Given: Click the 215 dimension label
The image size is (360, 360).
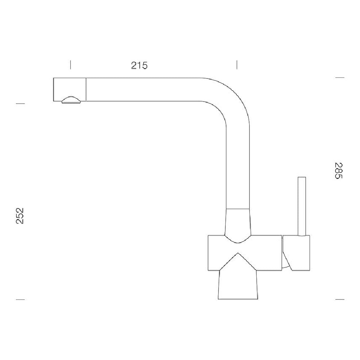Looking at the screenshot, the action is point(139,66).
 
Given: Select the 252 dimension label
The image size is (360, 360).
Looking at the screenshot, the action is point(20,216).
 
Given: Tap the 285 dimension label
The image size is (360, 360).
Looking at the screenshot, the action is point(338,171).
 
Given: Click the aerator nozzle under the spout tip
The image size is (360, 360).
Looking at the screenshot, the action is point(71,100).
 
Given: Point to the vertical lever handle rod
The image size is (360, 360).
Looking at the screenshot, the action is point(302,206).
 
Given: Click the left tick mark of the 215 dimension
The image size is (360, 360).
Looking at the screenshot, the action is point(71,65).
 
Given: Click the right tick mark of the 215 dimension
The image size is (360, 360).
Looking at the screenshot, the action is point(237,65).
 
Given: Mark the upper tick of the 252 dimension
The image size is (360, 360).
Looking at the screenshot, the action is point(20,104).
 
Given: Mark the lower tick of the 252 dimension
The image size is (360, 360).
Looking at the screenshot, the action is point(20,300).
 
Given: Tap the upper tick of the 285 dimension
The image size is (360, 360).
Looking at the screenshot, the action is point(340,78).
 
